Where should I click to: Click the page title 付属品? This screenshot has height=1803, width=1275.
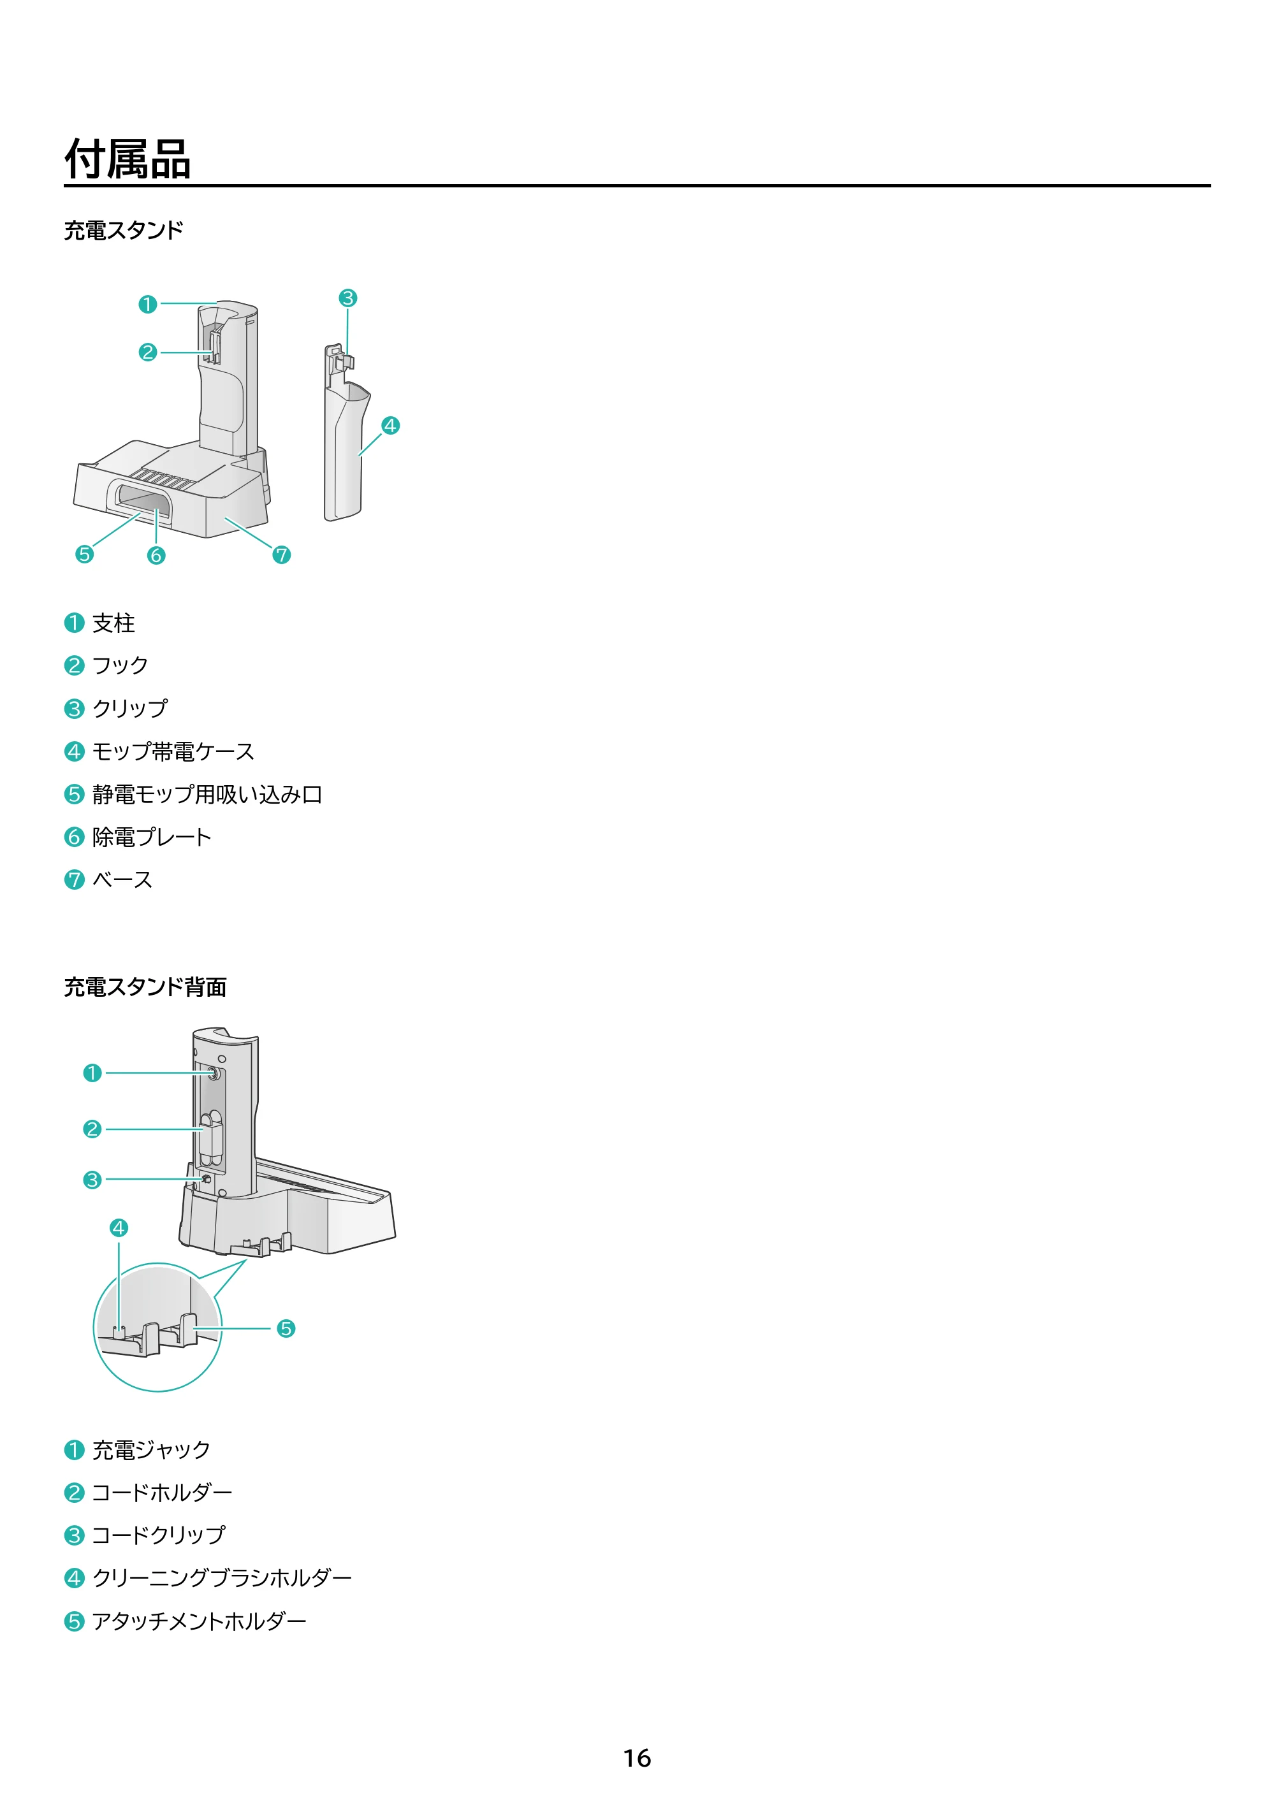(x=127, y=159)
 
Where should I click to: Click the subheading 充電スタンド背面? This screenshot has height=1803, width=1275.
(x=145, y=987)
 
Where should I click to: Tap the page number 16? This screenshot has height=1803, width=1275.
(x=637, y=1758)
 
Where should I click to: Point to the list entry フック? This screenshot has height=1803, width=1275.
(x=120, y=665)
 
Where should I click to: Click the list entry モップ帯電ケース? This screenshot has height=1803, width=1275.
(x=173, y=751)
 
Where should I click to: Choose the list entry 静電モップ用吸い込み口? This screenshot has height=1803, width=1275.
(x=207, y=794)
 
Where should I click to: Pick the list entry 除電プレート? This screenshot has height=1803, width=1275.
(x=152, y=837)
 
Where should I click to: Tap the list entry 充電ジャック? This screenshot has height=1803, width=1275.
(x=151, y=1450)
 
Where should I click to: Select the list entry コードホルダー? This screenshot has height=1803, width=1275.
(x=162, y=1492)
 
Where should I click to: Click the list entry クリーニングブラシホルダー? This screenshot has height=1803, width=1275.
(x=222, y=1577)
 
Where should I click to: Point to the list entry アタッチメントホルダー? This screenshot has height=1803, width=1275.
(x=199, y=1621)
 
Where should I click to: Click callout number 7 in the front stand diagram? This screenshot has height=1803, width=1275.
(x=281, y=555)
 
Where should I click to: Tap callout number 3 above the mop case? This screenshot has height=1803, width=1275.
(x=348, y=298)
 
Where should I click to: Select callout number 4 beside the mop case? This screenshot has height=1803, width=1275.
(x=390, y=426)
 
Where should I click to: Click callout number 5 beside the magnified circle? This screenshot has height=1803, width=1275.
(x=286, y=1329)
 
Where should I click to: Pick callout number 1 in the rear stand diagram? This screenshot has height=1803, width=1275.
(x=92, y=1073)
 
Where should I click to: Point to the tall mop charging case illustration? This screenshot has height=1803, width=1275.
(x=346, y=432)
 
